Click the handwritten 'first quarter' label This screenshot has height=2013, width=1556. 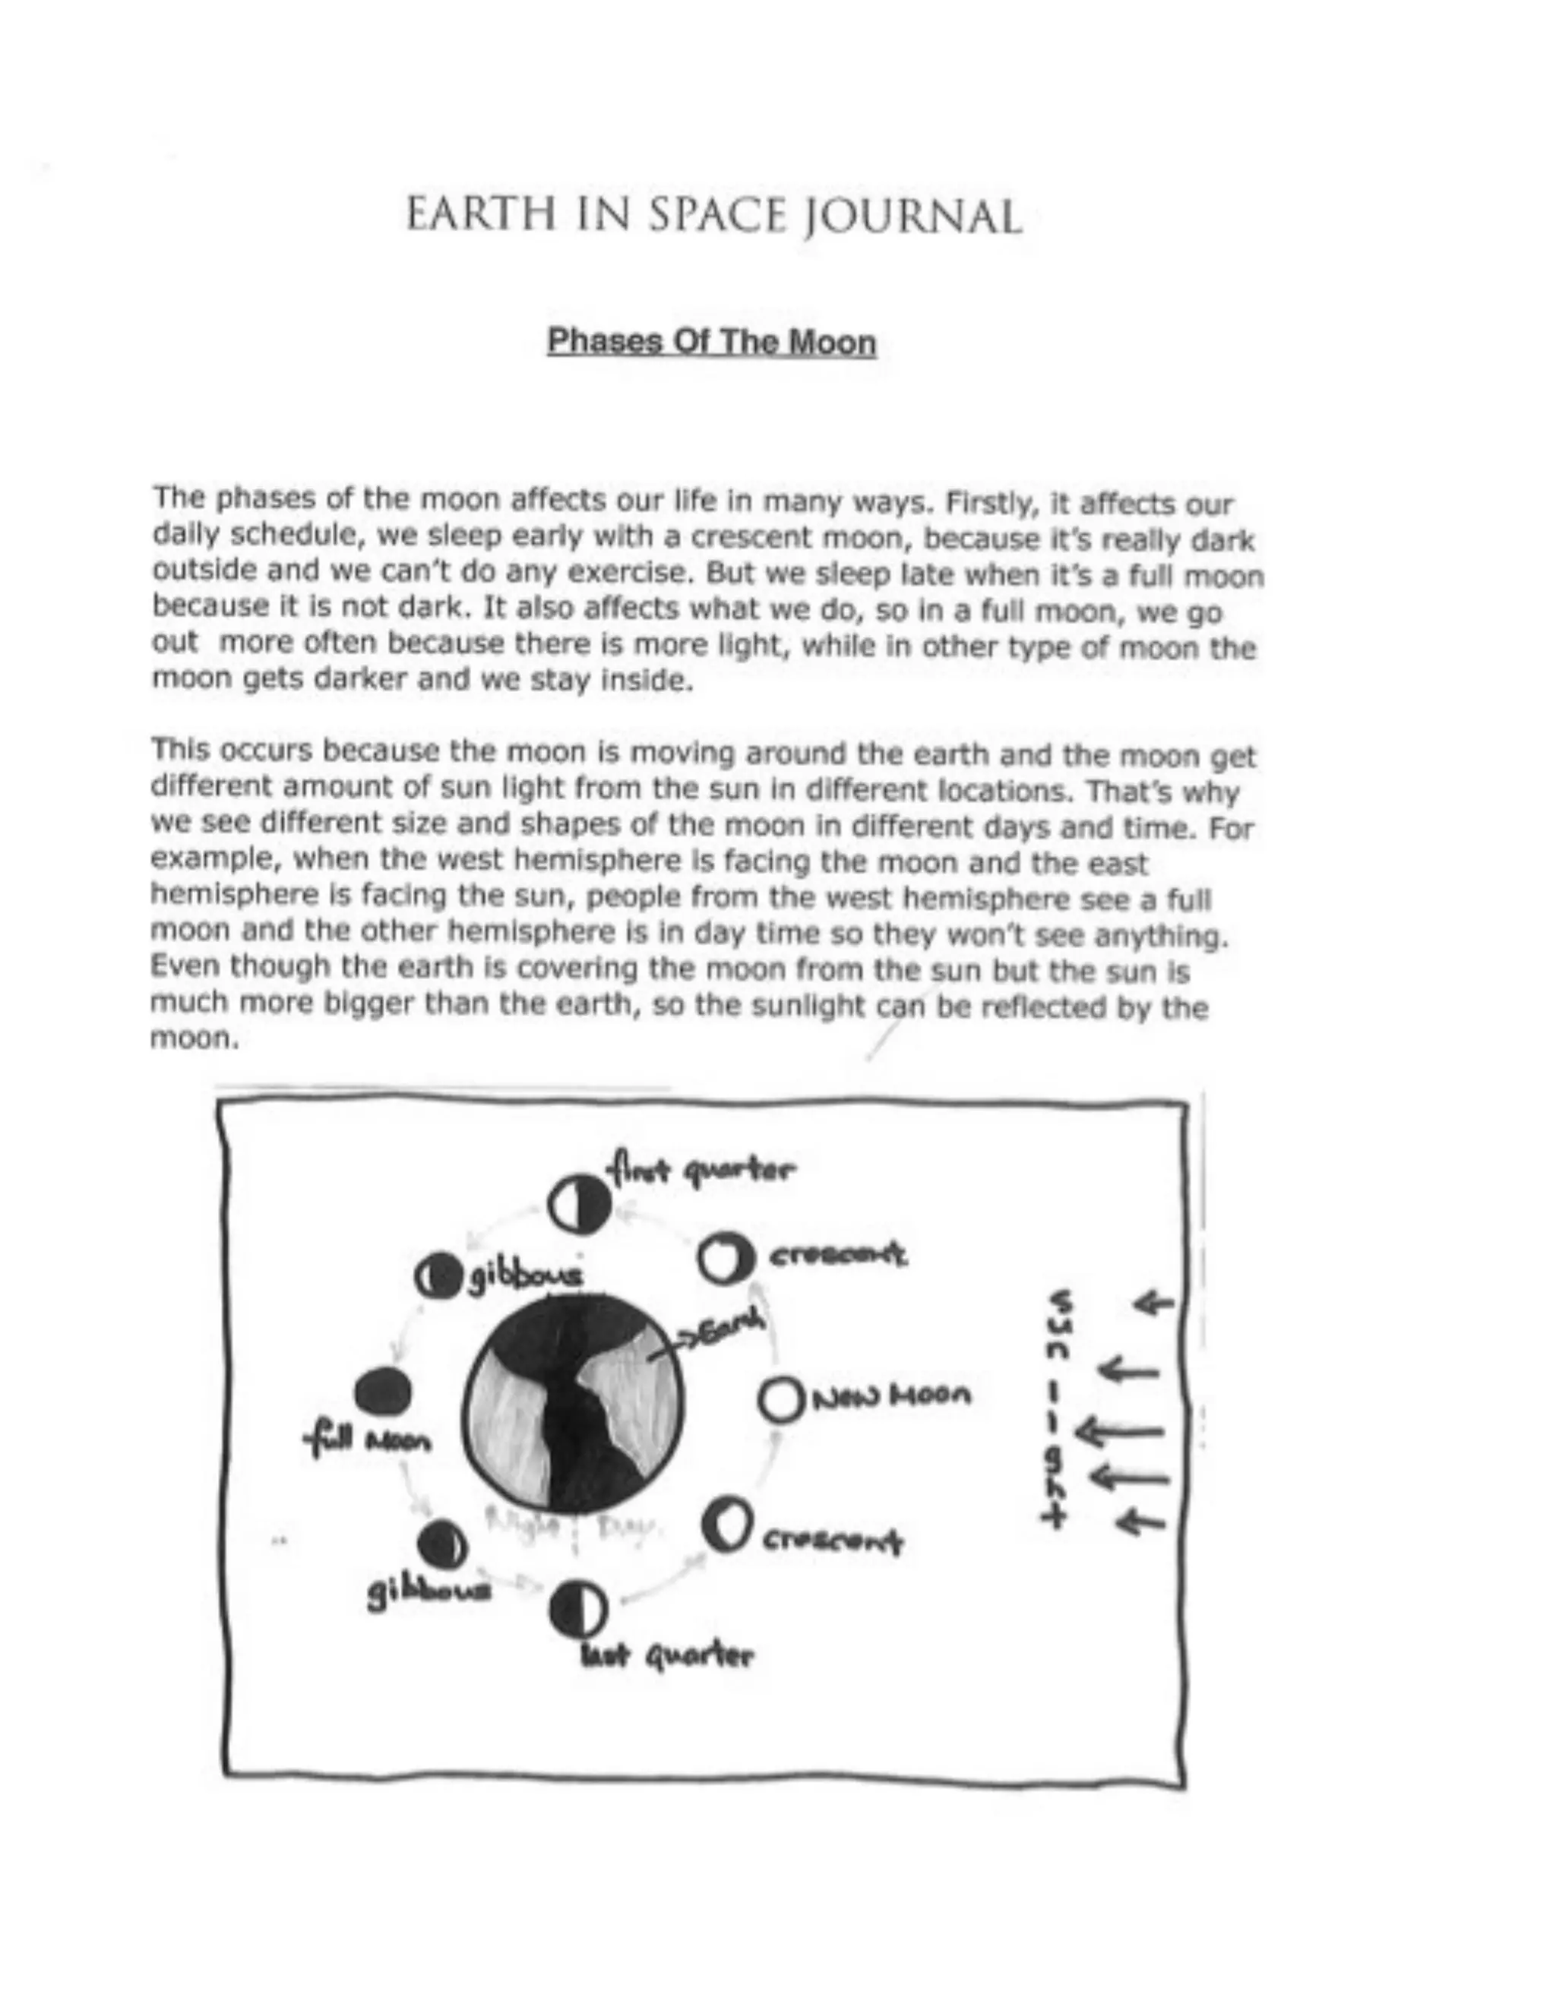click(701, 1171)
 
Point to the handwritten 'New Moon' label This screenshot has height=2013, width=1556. click(890, 1396)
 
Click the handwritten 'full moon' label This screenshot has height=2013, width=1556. click(368, 1439)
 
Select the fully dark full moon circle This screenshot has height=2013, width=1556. click(384, 1392)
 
